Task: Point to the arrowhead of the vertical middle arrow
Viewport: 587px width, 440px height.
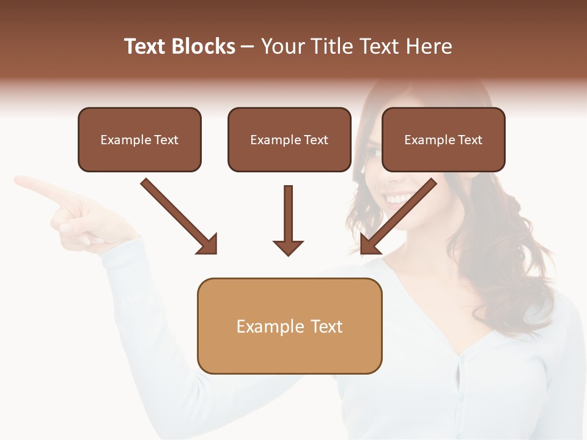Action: [x=288, y=248]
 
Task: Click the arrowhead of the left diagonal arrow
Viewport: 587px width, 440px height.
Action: [x=208, y=244]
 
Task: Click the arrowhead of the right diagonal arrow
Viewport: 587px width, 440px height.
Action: [x=369, y=244]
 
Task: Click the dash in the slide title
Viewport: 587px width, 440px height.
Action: [x=248, y=46]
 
